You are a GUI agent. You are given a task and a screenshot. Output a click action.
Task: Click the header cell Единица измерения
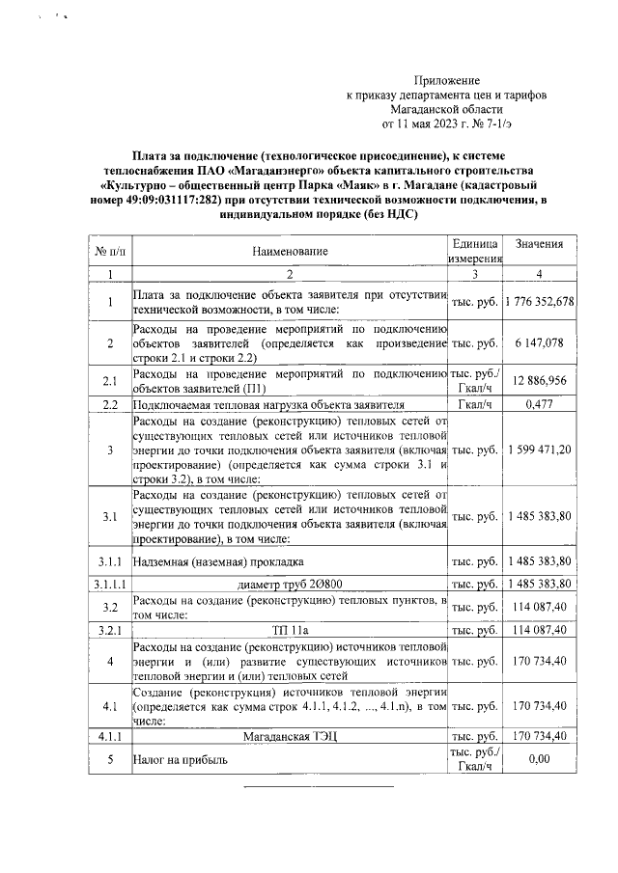[x=474, y=252]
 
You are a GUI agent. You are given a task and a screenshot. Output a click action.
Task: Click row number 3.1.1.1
[x=109, y=585]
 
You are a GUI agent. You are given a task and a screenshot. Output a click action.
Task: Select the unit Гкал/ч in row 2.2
[x=474, y=405]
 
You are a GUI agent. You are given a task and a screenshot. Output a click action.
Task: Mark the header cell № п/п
[x=109, y=252]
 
